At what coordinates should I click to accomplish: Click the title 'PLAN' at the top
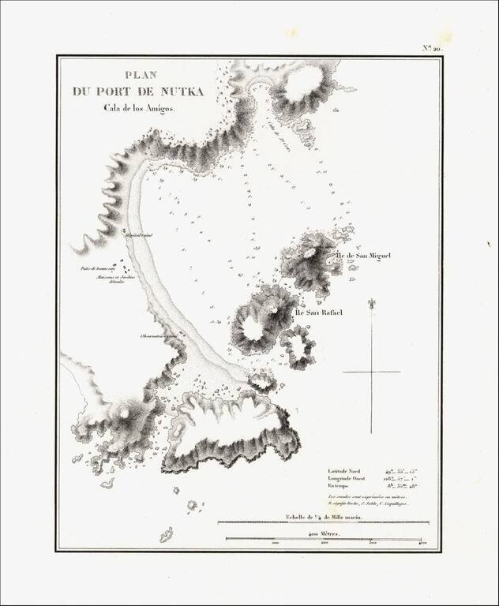tap(137, 76)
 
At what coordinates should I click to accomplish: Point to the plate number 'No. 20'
tap(433, 49)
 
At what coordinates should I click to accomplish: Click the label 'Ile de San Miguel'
tap(363, 256)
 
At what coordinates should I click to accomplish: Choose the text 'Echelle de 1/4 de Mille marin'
tap(323, 517)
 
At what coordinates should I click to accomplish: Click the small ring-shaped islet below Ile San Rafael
tap(297, 347)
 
